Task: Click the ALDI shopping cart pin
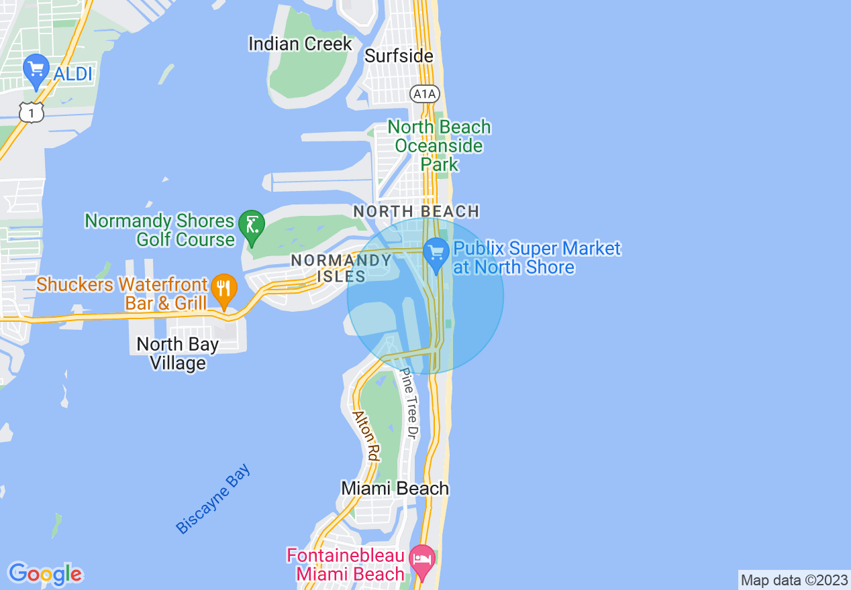36,70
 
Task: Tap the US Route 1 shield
32,112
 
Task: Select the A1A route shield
425,95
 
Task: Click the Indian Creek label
300,44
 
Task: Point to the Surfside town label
399,56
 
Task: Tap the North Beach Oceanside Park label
439,145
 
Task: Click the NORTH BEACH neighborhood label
416,212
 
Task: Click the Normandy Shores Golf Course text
160,230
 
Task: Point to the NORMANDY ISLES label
341,268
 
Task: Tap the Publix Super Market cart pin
436,253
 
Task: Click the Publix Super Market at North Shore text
537,258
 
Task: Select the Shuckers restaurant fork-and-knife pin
223,289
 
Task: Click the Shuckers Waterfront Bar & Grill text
123,294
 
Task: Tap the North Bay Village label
178,353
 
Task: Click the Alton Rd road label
366,435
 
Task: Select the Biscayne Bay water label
213,499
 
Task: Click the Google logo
45,575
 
